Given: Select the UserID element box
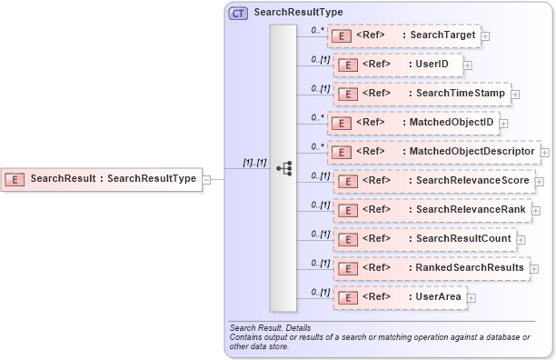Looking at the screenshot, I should tap(399, 65).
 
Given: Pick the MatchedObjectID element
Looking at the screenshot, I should tap(412, 123).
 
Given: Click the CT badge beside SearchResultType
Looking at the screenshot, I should tap(238, 13).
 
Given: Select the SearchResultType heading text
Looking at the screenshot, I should tap(298, 13).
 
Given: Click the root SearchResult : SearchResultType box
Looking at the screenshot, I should tap(101, 179).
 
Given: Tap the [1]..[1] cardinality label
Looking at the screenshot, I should tap(253, 162).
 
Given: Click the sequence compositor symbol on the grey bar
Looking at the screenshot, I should tap(283, 168).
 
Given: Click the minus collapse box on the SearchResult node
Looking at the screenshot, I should tap(207, 179).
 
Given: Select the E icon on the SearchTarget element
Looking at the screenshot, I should tap(342, 36).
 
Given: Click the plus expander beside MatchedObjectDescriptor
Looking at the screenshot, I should tap(545, 152).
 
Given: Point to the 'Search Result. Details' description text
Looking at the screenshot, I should tap(270, 327).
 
